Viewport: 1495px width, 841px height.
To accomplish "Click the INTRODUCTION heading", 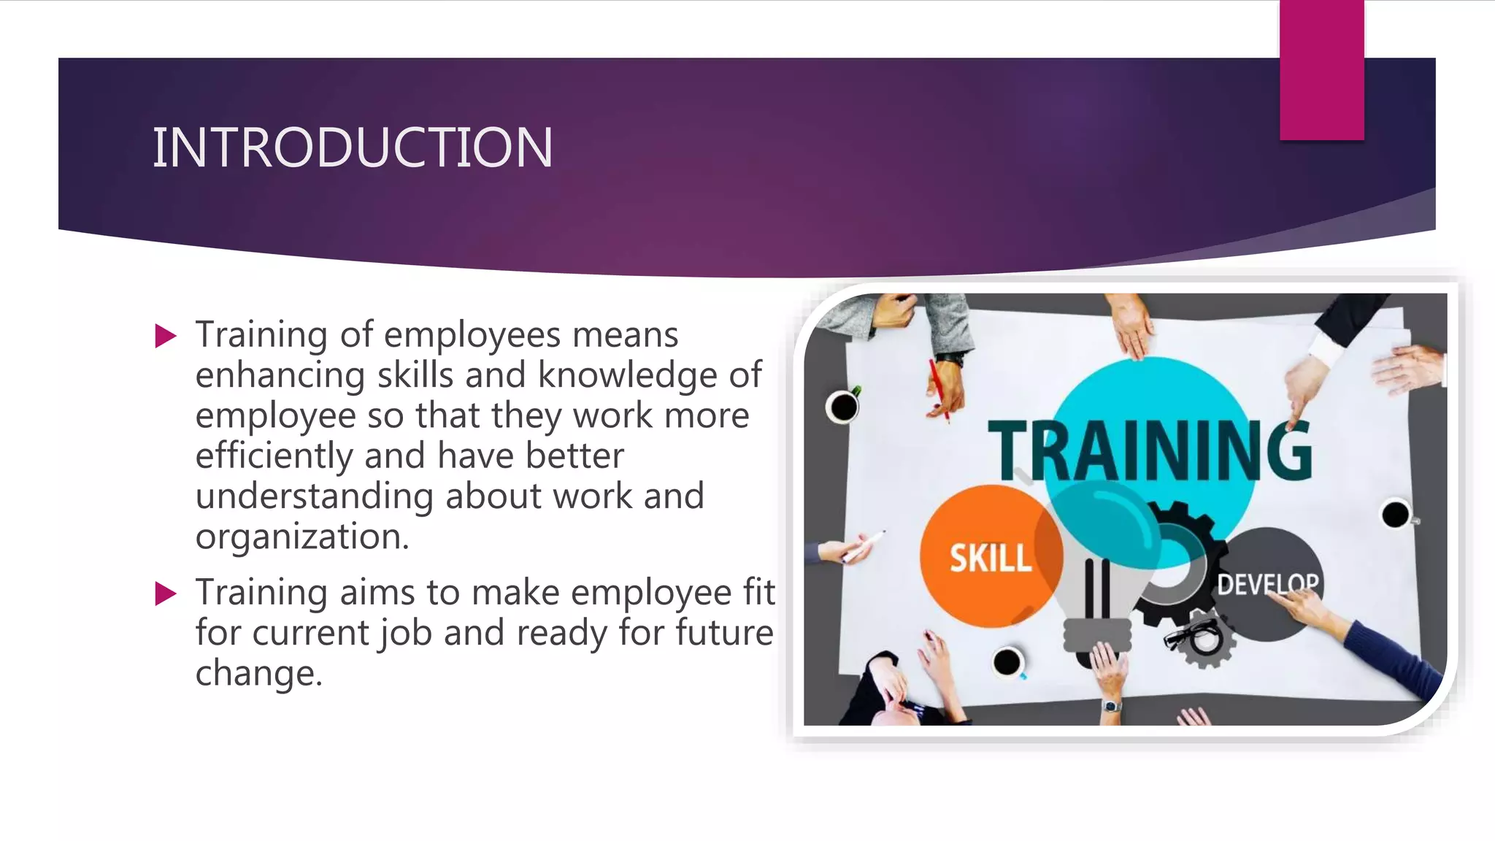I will [352, 148].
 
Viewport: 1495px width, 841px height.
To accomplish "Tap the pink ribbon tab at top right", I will [1321, 70].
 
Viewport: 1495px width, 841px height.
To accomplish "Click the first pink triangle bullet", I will [166, 337].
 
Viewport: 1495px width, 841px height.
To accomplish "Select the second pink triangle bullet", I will [166, 594].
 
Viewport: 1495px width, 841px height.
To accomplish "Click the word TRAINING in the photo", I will [1150, 450].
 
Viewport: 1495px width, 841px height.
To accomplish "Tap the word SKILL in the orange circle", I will [991, 558].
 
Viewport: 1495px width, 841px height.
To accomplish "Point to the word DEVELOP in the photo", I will [1268, 584].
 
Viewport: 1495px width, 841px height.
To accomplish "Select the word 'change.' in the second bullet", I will [258, 673].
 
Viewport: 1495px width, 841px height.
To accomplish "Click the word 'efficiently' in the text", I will [274, 457].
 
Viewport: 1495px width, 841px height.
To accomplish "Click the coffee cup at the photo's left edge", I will [843, 407].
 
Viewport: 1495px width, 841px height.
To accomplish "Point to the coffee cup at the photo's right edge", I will [1396, 515].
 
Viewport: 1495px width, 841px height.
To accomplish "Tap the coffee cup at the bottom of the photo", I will [1008, 662].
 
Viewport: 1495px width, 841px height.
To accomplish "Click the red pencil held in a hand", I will [939, 390].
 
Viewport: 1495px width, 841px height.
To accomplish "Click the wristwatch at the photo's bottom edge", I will [1111, 706].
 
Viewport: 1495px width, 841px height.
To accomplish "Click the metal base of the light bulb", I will [1097, 635].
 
